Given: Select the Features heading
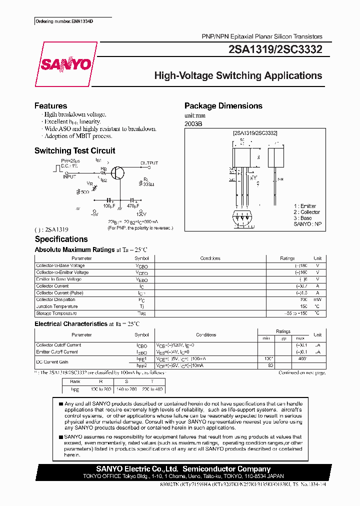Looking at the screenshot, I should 50,106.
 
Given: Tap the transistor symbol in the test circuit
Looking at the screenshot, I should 118,172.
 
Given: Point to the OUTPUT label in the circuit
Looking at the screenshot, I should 149,163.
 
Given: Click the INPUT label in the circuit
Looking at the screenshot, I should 69,176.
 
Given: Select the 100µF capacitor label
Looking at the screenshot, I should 109,205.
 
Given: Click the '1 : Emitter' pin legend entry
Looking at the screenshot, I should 305,206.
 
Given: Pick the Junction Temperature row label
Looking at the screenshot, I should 57,306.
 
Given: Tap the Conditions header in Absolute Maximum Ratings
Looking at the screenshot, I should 210,258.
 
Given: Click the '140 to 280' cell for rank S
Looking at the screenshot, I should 126,388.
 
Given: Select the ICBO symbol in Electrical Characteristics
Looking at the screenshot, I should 141,345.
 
